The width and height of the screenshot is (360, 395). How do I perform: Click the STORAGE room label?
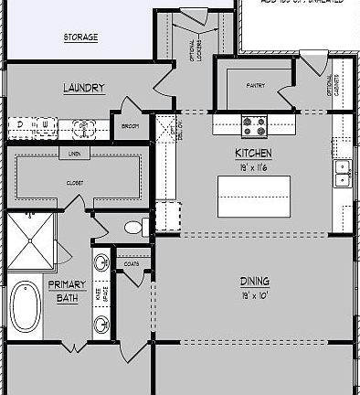coord(80,38)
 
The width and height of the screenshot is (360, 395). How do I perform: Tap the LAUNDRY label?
coord(83,89)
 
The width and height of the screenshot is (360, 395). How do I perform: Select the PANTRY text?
coord(255,86)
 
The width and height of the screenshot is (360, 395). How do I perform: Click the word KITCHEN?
coord(253,154)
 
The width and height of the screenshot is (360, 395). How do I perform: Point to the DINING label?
coord(253,282)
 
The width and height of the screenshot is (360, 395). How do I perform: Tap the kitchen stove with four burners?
coord(253,123)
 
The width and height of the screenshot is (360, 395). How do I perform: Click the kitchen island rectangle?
coord(253,196)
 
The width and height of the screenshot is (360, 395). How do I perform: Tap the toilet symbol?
coord(134,227)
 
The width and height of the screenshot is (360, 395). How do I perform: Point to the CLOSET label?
coord(74,183)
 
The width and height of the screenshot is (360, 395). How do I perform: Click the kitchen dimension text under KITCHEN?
coord(253,167)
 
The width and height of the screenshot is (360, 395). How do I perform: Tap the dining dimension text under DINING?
coord(253,296)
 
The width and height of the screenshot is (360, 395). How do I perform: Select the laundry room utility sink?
coord(83,126)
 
